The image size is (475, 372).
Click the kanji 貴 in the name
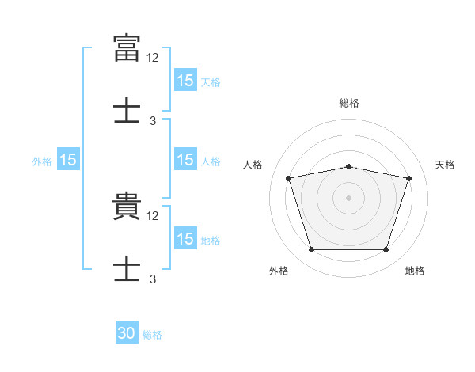pos(127,207)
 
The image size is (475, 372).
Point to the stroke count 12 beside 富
pos(153,57)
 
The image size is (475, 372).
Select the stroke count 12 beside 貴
pos(153,215)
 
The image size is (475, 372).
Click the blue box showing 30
pos(127,333)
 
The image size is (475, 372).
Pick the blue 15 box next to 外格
pos(67,161)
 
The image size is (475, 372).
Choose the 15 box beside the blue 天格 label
pos(185,81)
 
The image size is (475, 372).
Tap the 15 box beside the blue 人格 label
pos(185,160)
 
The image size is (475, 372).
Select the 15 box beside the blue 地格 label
pos(185,239)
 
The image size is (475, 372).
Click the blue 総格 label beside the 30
pos(152,335)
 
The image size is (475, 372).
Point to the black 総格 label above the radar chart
pos(349,103)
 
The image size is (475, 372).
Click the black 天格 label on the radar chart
pos(445,165)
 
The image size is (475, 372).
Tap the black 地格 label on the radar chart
pos(415,271)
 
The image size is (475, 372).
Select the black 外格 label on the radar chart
pos(279,271)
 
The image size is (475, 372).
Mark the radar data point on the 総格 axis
pos(348,166)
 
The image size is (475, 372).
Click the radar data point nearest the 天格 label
pos(408,178)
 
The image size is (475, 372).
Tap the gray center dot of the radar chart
pos(348,198)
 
